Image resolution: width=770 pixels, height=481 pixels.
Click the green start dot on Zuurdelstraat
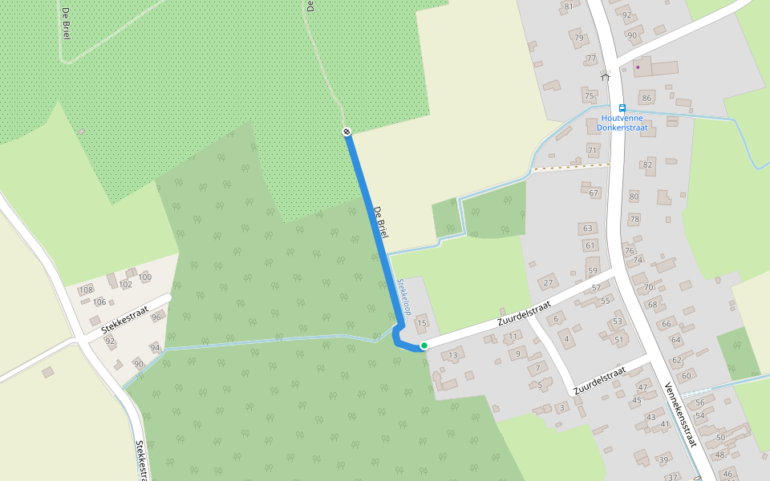(423, 345)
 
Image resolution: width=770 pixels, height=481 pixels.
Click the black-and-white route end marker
(346, 131)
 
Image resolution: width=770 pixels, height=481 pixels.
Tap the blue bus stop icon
(622, 108)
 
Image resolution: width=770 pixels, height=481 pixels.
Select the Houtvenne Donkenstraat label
(622, 123)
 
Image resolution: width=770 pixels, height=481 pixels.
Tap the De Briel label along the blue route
(381, 222)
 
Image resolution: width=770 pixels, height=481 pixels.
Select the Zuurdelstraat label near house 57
(525, 313)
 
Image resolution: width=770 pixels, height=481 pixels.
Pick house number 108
(86, 289)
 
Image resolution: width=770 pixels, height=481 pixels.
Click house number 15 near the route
(422, 323)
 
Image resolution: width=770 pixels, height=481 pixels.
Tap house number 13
(453, 355)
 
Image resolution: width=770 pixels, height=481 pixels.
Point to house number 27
(549, 283)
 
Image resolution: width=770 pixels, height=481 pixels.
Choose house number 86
(646, 99)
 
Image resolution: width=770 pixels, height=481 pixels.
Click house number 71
(593, 151)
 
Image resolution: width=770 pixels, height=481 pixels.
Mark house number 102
(125, 284)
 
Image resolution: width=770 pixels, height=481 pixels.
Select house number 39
(663, 459)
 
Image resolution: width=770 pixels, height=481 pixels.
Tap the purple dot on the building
(638, 67)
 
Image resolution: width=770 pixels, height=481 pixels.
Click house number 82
(647, 164)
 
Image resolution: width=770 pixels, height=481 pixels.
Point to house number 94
(155, 348)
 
